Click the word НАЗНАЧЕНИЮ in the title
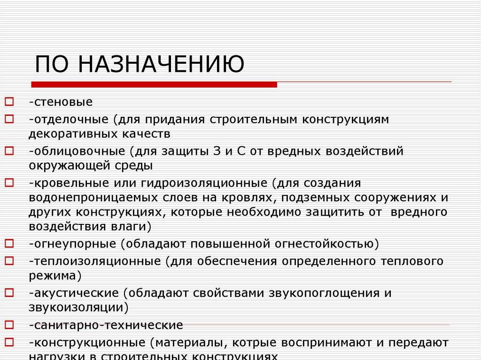161,64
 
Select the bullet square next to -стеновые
9,101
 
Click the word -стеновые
60,102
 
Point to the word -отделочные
68,119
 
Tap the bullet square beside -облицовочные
9,150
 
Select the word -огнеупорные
72,244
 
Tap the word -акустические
73,293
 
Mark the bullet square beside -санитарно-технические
9,324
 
